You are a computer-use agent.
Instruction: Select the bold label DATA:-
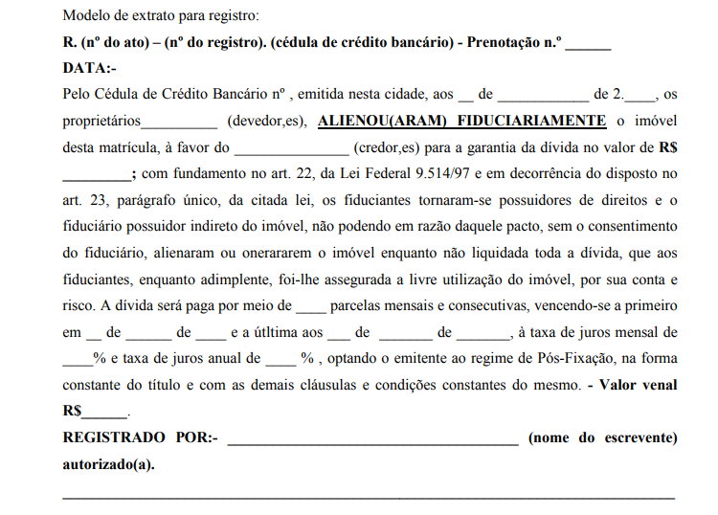[89, 69]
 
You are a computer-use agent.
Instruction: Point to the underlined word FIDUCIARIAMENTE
[532, 121]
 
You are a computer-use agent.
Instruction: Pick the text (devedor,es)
[266, 121]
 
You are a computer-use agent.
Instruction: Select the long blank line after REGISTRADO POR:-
[372, 439]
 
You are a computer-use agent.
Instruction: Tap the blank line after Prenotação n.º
[592, 46]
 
